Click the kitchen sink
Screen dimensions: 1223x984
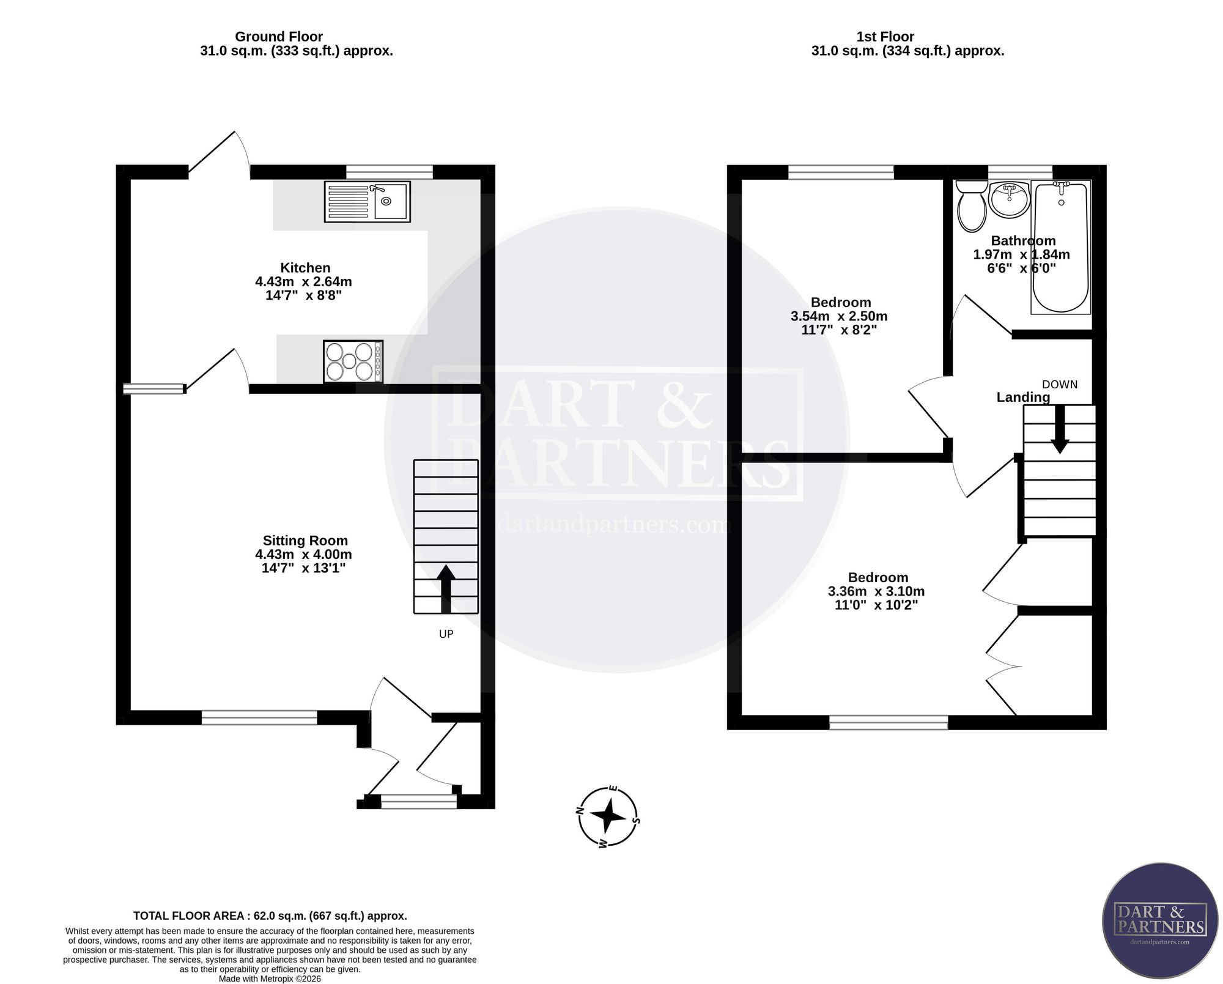[367, 202]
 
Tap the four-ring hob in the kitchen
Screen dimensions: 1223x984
[353, 361]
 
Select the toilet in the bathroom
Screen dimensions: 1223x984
[971, 206]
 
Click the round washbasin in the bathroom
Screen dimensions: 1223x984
[1010, 199]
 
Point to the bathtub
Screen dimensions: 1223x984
[1061, 247]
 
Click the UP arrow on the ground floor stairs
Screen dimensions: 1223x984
[446, 589]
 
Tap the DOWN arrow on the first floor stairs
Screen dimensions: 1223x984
[1060, 429]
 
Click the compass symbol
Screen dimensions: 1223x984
[608, 816]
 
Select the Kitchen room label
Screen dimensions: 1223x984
[305, 268]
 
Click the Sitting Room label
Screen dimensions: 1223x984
[305, 541]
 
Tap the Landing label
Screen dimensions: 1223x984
[1023, 398]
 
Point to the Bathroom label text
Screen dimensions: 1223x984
[1023, 241]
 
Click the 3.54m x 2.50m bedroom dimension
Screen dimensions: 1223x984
[839, 316]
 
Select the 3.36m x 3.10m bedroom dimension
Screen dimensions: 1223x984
[876, 591]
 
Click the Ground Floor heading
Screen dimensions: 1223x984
[279, 37]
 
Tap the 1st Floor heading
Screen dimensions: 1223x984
[885, 37]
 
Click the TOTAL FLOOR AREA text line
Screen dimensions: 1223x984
[270, 916]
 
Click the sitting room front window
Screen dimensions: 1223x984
[259, 717]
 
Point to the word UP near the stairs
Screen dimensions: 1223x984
[446, 634]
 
